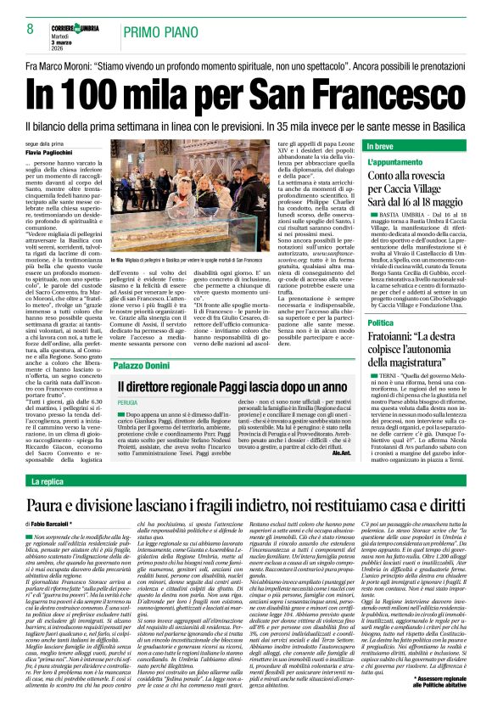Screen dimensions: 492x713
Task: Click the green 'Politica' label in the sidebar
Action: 381,323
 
